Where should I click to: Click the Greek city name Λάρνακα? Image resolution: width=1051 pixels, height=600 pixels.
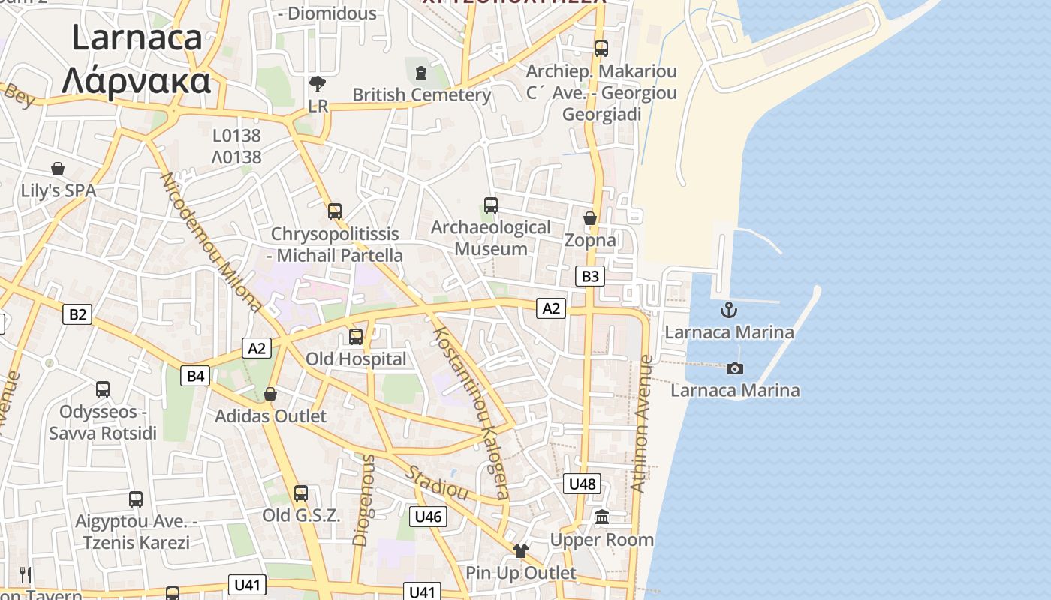point(136,80)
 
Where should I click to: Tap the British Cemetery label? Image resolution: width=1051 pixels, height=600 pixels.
point(421,95)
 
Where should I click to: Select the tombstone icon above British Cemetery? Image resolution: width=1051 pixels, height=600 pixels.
point(420,73)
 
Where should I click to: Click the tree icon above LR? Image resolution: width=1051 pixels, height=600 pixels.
point(318,83)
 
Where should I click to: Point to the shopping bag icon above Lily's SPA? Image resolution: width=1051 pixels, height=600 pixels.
point(58,169)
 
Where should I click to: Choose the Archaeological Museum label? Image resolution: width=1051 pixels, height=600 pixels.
point(491,238)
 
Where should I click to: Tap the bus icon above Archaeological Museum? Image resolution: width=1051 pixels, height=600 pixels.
point(491,205)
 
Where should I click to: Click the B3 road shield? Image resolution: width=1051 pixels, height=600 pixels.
point(590,276)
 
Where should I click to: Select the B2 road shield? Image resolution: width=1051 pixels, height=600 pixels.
point(77,313)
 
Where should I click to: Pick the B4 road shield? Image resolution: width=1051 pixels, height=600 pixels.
point(195,376)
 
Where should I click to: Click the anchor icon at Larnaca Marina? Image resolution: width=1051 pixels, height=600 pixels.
point(728,309)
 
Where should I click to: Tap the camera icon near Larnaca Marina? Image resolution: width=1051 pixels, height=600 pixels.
point(735,368)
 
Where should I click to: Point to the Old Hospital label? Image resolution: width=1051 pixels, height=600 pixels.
point(356,359)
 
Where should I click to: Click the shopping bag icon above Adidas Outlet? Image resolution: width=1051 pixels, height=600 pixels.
point(270,394)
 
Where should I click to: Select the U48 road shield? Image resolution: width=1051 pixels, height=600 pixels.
point(582,484)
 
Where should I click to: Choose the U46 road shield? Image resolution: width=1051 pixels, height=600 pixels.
point(428,516)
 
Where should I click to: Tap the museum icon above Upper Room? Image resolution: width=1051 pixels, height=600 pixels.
point(601,517)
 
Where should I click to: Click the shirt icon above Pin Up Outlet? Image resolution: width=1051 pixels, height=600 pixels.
point(521,551)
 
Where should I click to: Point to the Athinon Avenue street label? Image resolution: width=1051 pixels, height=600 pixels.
point(643,424)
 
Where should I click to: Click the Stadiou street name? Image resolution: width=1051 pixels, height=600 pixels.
point(438,483)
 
